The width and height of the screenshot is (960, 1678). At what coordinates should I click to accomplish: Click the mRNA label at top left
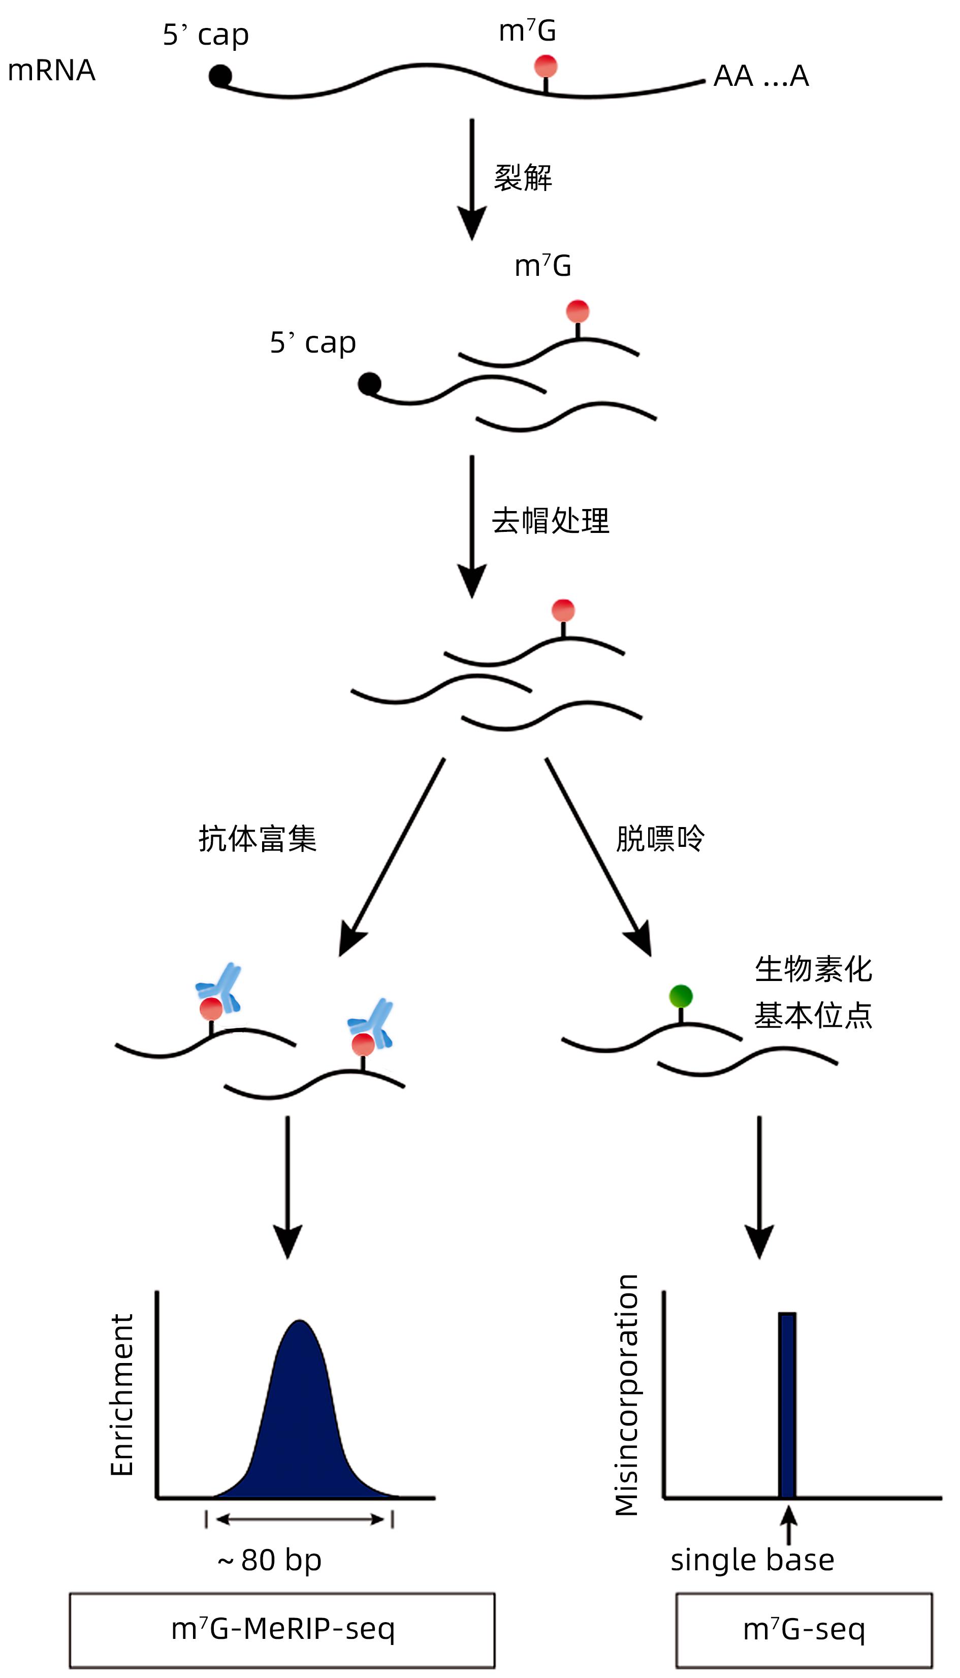point(51,71)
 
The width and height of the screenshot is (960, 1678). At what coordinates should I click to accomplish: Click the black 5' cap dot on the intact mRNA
point(220,77)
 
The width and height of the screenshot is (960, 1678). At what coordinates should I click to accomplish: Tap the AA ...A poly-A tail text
point(761,77)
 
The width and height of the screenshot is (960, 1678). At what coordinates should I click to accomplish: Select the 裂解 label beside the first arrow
point(523,178)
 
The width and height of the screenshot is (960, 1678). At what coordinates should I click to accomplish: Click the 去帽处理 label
point(551,521)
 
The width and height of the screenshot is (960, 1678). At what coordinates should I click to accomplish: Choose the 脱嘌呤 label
point(660,839)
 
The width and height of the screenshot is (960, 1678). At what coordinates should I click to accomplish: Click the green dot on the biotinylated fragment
point(681,996)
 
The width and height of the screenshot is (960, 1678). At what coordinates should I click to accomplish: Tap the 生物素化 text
point(814,970)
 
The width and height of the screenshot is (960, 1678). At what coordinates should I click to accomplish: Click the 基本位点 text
point(814,1016)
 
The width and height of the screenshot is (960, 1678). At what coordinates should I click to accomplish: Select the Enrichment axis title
point(122,1395)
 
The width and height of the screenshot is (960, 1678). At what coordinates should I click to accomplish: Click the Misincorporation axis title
point(626,1395)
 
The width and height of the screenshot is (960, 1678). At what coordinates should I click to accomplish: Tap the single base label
point(752,1560)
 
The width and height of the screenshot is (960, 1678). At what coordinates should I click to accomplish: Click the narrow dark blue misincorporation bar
point(787,1404)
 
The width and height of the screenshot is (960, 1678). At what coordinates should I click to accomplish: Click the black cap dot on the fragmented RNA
point(369,384)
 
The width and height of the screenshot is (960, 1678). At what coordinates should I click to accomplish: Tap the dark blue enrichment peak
point(300,1417)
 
